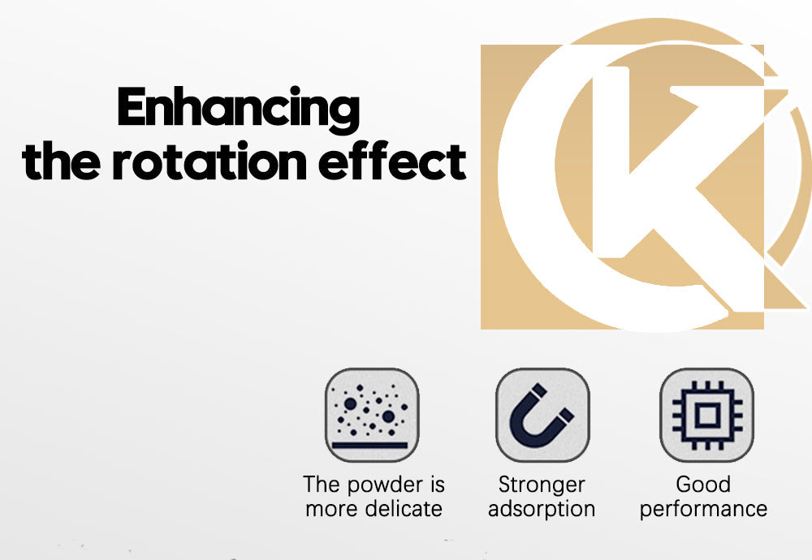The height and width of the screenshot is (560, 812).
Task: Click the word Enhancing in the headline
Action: tap(238, 108)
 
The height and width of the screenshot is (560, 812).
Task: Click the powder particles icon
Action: tap(372, 415)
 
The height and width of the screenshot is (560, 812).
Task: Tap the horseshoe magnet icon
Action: tap(542, 415)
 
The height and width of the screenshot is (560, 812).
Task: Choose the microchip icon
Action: tap(707, 415)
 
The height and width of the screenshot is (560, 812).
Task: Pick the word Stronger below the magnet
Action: tap(542, 485)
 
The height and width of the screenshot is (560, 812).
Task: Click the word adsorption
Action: tap(542, 510)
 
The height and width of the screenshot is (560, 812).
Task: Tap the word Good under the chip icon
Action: tap(703, 485)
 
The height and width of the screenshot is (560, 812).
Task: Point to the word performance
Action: tap(703, 510)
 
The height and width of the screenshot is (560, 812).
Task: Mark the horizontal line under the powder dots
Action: tap(370, 445)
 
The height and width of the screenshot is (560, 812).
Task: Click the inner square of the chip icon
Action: tap(707, 415)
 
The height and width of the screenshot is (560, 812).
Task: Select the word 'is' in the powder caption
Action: tap(438, 485)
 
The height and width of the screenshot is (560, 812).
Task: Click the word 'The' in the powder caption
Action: tap(322, 485)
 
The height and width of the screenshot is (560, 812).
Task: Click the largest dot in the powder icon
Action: tap(351, 403)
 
